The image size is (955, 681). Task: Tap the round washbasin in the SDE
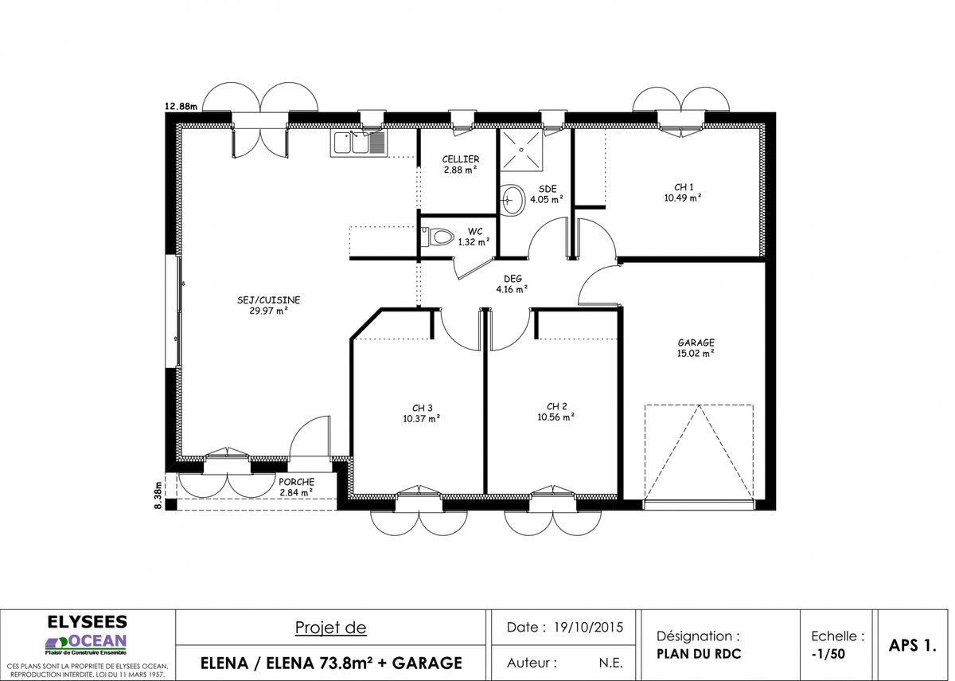(512, 200)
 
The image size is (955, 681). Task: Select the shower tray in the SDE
(521, 151)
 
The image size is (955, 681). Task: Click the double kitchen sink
(359, 143)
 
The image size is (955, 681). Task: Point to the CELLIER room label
(461, 159)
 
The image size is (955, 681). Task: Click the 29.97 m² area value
(269, 311)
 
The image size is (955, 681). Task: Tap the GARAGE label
(696, 342)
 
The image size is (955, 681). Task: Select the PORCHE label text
(296, 482)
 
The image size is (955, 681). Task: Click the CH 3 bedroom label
(422, 408)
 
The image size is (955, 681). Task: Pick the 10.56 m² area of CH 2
(556, 417)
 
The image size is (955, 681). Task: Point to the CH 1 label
(684, 187)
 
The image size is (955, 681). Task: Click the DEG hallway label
(513, 279)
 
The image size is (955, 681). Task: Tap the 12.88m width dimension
(181, 106)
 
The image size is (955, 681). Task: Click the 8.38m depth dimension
(158, 495)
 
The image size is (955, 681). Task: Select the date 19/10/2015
(588, 628)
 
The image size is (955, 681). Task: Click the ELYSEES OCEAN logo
(87, 635)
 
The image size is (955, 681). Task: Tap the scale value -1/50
(828, 654)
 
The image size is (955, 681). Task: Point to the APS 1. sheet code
(912, 645)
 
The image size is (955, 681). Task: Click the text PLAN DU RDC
(699, 654)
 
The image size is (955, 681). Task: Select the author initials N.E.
(610, 663)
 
